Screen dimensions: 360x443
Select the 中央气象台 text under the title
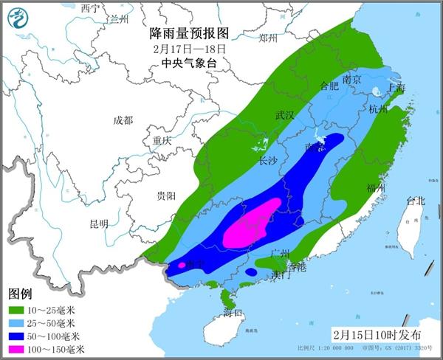[x=189, y=63]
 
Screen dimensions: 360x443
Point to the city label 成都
[x=123, y=120]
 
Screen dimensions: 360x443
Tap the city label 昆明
[x=98, y=224]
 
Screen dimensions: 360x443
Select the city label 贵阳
[x=165, y=195]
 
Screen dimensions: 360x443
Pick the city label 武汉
[x=284, y=115]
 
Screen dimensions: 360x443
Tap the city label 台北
[x=416, y=201]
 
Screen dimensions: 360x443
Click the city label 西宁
[x=90, y=7]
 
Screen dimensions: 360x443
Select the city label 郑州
[x=268, y=38]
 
